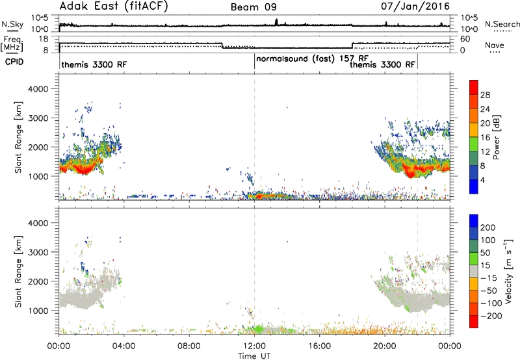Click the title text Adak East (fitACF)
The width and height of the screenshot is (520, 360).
click(x=114, y=6)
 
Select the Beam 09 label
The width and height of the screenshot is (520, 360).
click(x=253, y=7)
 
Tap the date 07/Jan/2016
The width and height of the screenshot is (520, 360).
click(x=415, y=6)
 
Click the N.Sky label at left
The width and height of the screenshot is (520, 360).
click(x=12, y=24)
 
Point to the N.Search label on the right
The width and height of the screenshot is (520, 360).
click(x=502, y=24)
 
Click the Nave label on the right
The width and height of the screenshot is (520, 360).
click(x=495, y=45)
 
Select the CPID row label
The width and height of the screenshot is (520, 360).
click(x=14, y=62)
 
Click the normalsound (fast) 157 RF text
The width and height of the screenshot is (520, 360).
click(x=312, y=59)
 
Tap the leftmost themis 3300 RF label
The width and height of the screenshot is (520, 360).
click(x=94, y=64)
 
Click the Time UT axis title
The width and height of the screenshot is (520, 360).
click(x=254, y=356)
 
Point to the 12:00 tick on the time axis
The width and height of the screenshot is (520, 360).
click(x=254, y=346)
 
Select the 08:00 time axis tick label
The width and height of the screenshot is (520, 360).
click(x=189, y=346)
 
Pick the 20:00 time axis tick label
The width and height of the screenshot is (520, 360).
click(x=385, y=346)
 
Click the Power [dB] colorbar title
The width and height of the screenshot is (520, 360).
click(x=496, y=137)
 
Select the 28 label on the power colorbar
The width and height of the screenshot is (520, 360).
click(x=485, y=95)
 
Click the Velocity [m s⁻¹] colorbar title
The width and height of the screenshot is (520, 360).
click(x=508, y=271)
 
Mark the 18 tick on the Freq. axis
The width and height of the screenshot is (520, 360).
click(x=44, y=39)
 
